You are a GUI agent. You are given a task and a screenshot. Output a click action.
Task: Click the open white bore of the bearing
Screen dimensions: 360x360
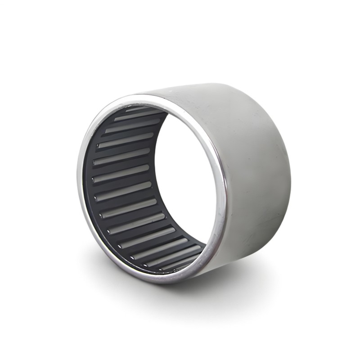184,180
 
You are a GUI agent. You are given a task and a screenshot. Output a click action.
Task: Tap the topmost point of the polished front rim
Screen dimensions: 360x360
148,95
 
